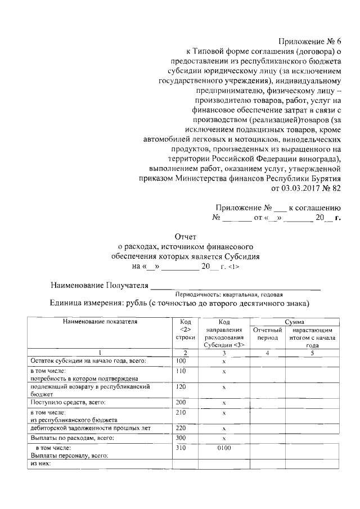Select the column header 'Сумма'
(295, 321)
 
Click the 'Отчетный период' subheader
(267, 334)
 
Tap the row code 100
(181, 361)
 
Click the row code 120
(181, 388)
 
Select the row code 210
(181, 413)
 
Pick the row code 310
(181, 449)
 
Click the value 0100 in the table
(224, 449)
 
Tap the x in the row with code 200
(224, 403)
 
